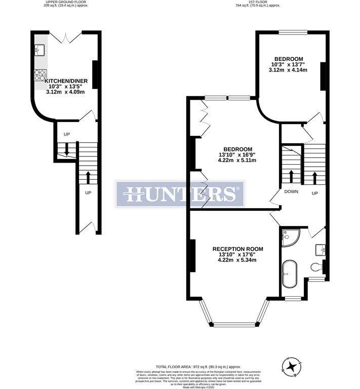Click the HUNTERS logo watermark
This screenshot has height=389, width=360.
point(180,194)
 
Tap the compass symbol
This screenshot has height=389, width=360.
point(290,367)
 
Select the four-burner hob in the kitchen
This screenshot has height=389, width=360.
point(41,75)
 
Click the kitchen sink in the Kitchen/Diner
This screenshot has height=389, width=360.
point(41,50)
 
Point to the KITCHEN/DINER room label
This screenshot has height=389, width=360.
point(66,81)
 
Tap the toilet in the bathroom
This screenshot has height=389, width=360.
point(316,267)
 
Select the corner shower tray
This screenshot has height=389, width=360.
point(289,237)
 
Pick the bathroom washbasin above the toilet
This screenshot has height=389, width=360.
point(320,249)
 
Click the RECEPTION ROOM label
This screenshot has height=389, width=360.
point(237,249)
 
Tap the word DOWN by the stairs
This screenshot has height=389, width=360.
point(291,192)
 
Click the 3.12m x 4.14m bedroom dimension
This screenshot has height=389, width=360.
point(288,70)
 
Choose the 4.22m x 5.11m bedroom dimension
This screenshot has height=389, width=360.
point(237,161)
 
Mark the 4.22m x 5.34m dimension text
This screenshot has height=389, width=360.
point(237,260)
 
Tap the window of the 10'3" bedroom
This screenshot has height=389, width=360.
point(293,33)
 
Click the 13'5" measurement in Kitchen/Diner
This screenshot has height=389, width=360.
point(75,87)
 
